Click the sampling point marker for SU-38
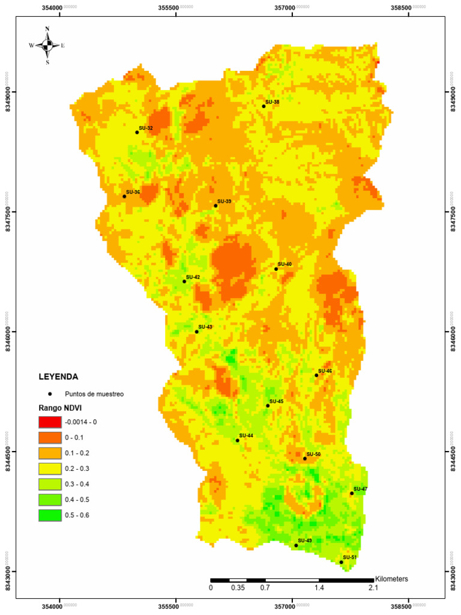click(x=264, y=106)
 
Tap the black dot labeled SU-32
click(x=137, y=132)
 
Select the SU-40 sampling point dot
click(x=276, y=269)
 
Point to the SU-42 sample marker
click(x=184, y=282)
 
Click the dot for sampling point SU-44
click(x=238, y=440)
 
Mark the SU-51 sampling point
click(x=342, y=562)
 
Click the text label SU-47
click(x=360, y=489)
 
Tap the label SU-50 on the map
click(x=313, y=454)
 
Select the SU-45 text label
click(x=276, y=401)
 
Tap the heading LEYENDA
click(x=58, y=377)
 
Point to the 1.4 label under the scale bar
click(x=319, y=588)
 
